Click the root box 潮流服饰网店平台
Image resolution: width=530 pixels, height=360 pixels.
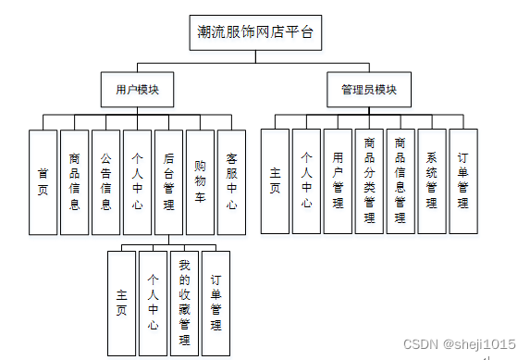point(255,33)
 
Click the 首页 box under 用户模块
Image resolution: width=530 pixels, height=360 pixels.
point(43,181)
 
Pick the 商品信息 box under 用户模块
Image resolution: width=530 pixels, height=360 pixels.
point(75,181)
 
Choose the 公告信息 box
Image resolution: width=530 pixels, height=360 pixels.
point(106,181)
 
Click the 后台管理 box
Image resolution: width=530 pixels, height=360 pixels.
point(168,181)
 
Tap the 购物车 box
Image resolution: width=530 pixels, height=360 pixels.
point(200,181)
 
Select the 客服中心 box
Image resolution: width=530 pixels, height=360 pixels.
point(231,181)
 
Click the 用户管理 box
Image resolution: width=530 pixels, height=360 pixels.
point(338,181)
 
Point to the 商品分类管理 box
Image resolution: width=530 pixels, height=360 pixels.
point(369,181)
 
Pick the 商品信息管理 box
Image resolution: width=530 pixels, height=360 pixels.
point(401,181)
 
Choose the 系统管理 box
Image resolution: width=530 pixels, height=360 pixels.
point(432,181)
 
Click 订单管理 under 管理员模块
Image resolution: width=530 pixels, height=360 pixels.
point(463,181)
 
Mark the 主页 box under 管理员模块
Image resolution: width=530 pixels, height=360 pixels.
point(275,181)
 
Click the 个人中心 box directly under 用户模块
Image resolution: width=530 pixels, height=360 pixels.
point(137,181)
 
